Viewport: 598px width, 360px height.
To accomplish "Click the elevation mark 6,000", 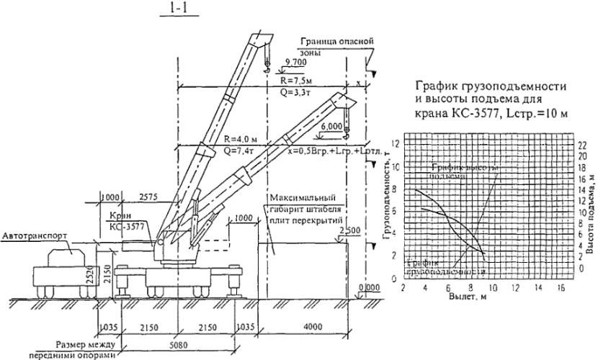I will click(x=329, y=126).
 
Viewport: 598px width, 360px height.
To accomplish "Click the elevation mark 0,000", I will click(x=368, y=287).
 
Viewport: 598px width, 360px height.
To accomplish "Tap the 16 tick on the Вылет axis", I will click(x=557, y=287).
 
